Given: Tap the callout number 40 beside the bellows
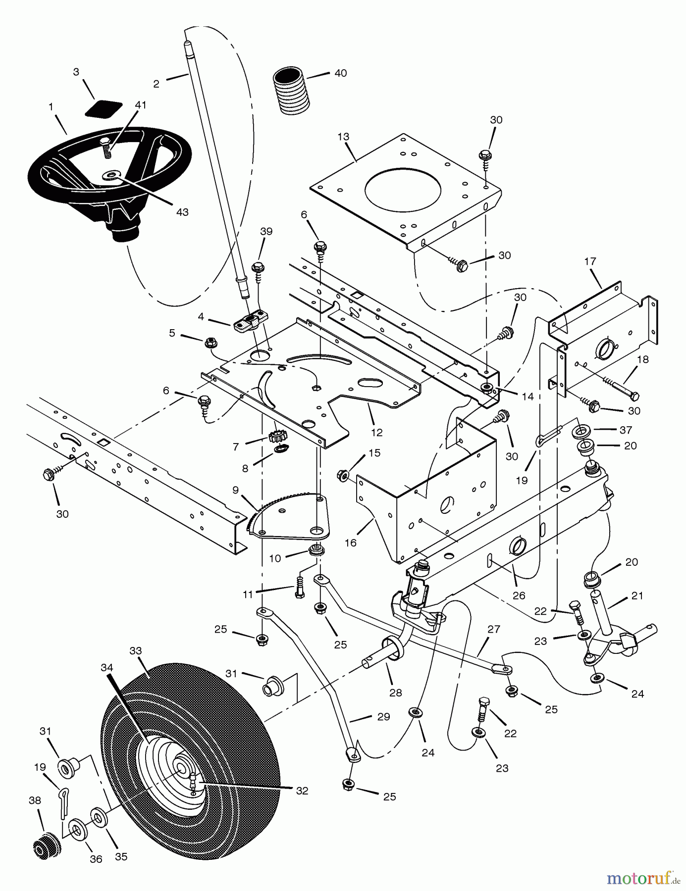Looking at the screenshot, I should (x=340, y=73).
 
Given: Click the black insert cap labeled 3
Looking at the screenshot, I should (x=103, y=108).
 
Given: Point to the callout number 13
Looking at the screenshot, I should (x=343, y=137).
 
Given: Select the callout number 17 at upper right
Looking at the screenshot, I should (x=590, y=261).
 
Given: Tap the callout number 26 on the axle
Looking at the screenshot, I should (x=519, y=595).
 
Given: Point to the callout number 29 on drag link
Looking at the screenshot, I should (x=383, y=716).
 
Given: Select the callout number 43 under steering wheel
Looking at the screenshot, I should (x=182, y=212).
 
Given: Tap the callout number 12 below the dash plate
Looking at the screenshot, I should (x=377, y=432).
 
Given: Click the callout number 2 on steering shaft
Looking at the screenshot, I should (x=157, y=84).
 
